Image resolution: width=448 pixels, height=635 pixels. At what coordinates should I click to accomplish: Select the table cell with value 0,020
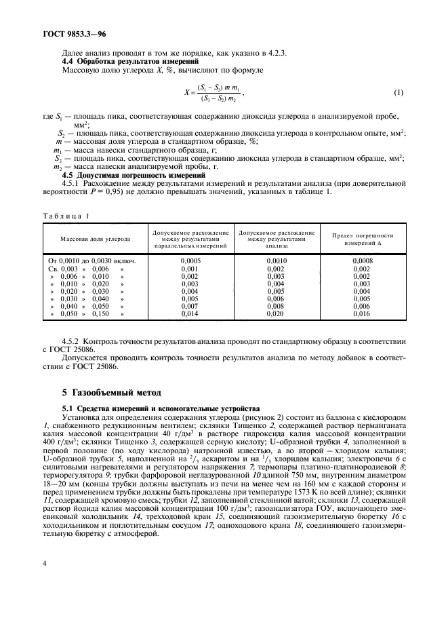(x=277, y=314)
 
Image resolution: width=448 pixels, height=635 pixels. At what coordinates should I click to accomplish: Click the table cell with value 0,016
(x=363, y=314)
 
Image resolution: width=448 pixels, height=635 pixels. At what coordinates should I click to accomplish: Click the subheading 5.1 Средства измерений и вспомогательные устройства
(x=158, y=409)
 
